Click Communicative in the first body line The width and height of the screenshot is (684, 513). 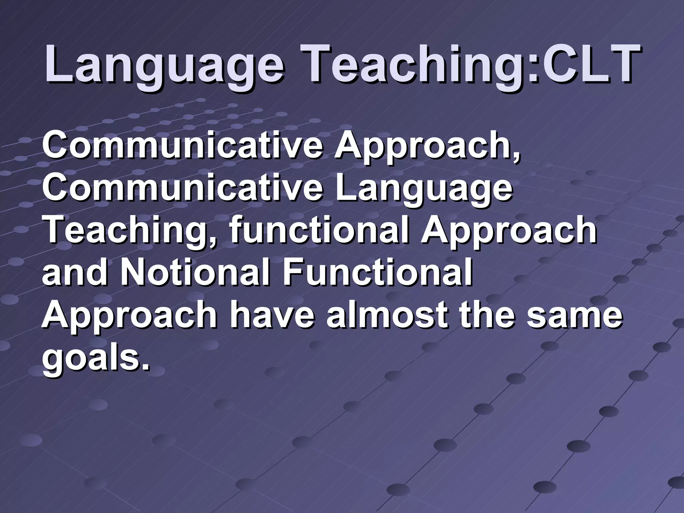(x=182, y=146)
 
